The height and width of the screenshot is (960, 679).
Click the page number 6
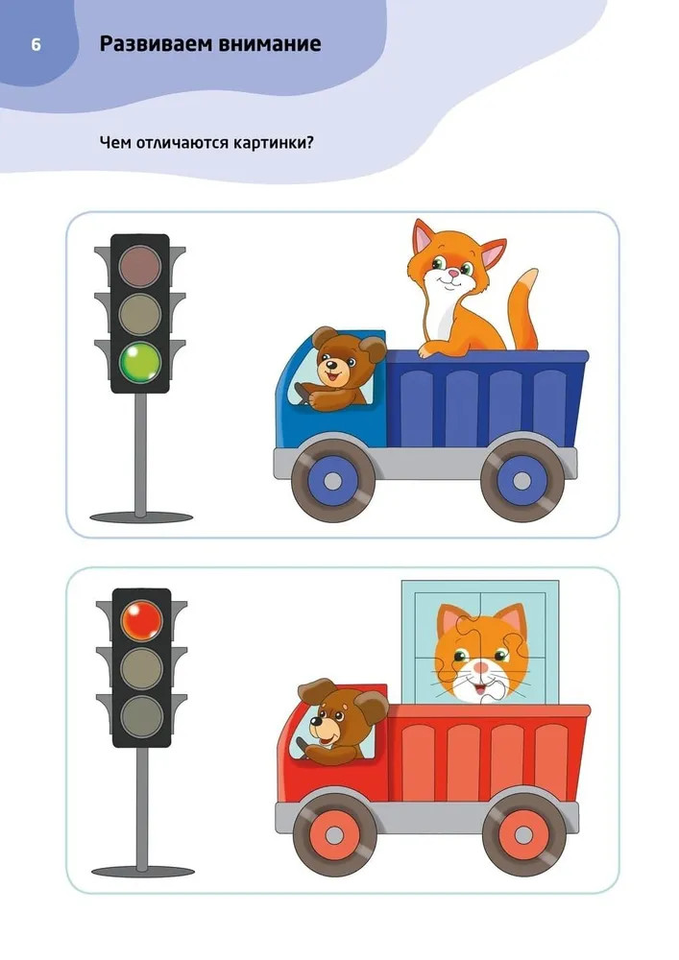pos(36,45)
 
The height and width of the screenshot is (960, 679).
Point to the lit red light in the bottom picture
pos(141,621)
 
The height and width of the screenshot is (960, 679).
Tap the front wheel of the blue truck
pos(332,480)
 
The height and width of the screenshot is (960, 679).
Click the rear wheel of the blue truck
pos(521,480)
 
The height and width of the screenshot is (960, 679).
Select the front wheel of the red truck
pos(334,834)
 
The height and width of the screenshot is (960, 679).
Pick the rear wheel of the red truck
pos(523,834)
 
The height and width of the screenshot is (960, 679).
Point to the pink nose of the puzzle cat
pos(482,665)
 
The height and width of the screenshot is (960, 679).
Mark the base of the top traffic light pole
pos(141,517)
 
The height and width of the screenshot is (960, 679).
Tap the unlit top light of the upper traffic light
pos(140,267)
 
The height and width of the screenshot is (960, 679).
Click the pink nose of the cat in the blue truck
pos(450,273)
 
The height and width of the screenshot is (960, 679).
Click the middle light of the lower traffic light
pos(141,668)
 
